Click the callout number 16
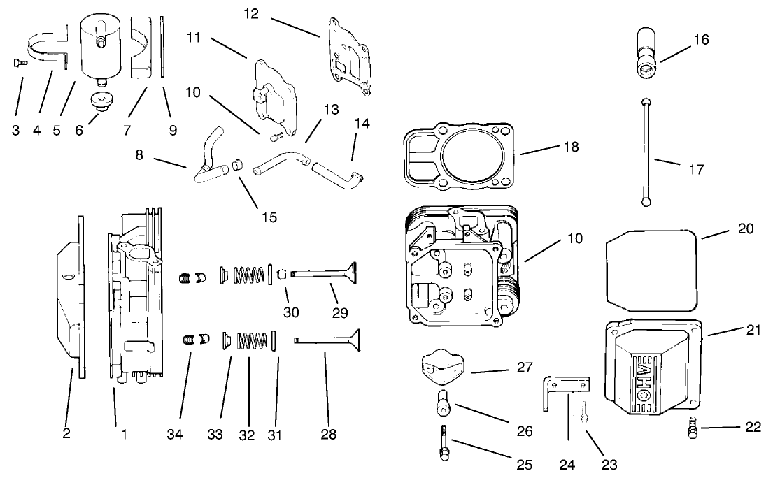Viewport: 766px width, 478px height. (700, 40)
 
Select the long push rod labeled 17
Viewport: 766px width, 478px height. (645, 150)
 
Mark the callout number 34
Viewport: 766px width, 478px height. (175, 435)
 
